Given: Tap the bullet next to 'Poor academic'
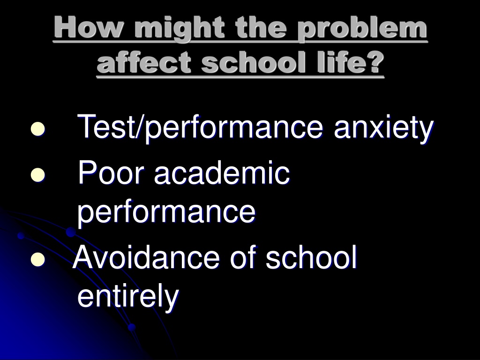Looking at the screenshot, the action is [x=38, y=175].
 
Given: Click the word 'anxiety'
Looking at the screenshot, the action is [x=383, y=128].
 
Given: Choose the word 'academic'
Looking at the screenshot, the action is [x=222, y=173].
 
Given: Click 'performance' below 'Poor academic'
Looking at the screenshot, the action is [x=166, y=212].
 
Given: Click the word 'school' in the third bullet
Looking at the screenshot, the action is [x=311, y=258].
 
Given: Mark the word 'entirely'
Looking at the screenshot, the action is [x=128, y=296].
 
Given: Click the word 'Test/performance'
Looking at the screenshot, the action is [x=200, y=128].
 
